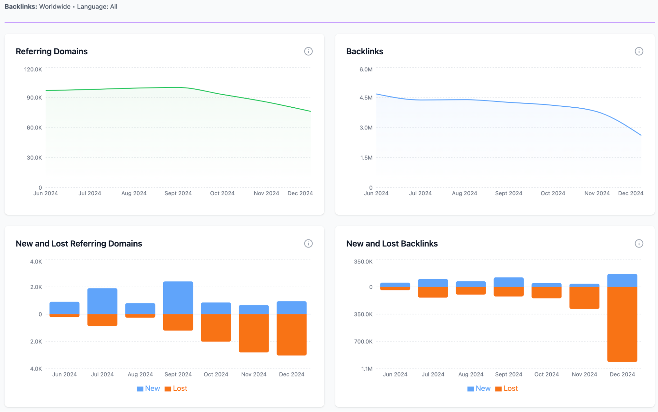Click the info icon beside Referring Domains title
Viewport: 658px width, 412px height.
(x=308, y=51)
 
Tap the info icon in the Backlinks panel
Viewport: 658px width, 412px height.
(x=639, y=51)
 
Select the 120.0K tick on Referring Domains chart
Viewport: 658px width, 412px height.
(x=33, y=69)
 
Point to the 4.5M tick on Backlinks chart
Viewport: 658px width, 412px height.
(x=366, y=98)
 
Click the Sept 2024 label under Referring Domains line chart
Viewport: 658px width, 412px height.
(x=178, y=193)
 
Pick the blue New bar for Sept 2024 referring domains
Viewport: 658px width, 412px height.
(x=178, y=298)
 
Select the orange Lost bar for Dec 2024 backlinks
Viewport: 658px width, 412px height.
(x=622, y=324)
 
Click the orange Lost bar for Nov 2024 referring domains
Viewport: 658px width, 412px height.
(x=253, y=333)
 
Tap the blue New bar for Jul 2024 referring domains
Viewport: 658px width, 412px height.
(x=102, y=301)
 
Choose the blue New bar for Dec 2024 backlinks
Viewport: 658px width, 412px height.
(x=622, y=281)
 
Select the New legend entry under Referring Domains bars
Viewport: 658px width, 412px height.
(x=148, y=389)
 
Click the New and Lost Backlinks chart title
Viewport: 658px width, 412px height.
(x=392, y=244)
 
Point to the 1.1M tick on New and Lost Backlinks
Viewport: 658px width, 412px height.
(x=367, y=369)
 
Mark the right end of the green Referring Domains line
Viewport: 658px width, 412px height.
(x=310, y=111)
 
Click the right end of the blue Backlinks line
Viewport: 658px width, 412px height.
(x=641, y=135)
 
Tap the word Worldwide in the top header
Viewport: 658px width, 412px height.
(x=55, y=7)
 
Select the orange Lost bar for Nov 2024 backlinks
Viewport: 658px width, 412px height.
(x=584, y=298)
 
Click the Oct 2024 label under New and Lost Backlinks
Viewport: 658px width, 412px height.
(x=546, y=374)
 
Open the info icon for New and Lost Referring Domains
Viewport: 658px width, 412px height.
(x=308, y=244)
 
